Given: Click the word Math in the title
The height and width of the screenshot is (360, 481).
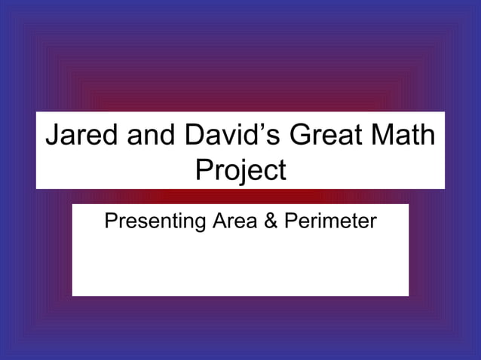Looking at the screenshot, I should pyautogui.click(x=403, y=136).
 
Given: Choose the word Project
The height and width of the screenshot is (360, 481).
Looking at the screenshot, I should pyautogui.click(x=240, y=169).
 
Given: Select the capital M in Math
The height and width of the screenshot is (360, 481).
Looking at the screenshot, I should pyautogui.click(x=379, y=136).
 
